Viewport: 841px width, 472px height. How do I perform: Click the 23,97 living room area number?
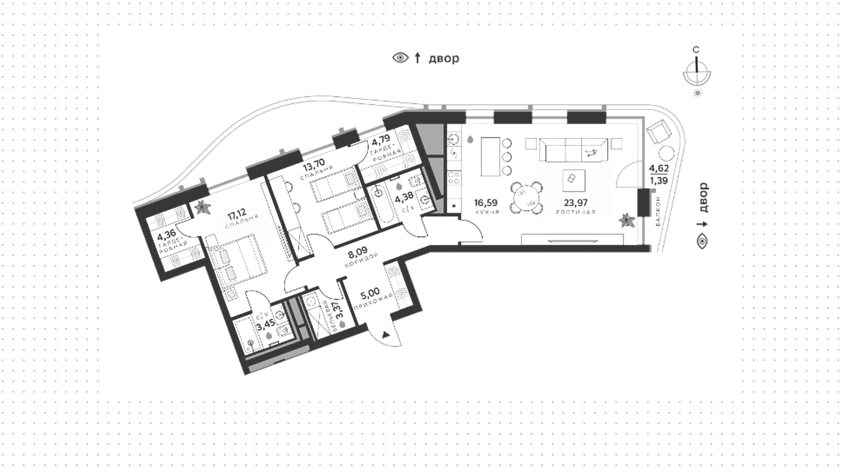[576, 203]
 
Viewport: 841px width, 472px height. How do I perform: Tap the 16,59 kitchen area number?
[486, 203]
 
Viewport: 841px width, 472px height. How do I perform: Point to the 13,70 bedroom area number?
[314, 166]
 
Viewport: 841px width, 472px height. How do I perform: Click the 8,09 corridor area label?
[357, 253]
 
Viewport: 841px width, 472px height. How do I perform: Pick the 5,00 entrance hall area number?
[371, 292]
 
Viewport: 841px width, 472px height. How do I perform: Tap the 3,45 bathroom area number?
[265, 327]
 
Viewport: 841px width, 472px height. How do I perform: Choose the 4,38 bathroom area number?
[404, 200]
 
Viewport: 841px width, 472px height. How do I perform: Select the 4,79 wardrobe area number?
[381, 141]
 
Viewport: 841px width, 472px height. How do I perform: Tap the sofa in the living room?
[573, 151]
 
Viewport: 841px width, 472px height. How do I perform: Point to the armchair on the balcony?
[659, 132]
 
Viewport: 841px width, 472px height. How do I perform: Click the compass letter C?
[696, 50]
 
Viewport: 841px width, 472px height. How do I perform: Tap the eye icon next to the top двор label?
[400, 57]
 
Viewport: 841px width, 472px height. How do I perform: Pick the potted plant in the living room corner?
[627, 220]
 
